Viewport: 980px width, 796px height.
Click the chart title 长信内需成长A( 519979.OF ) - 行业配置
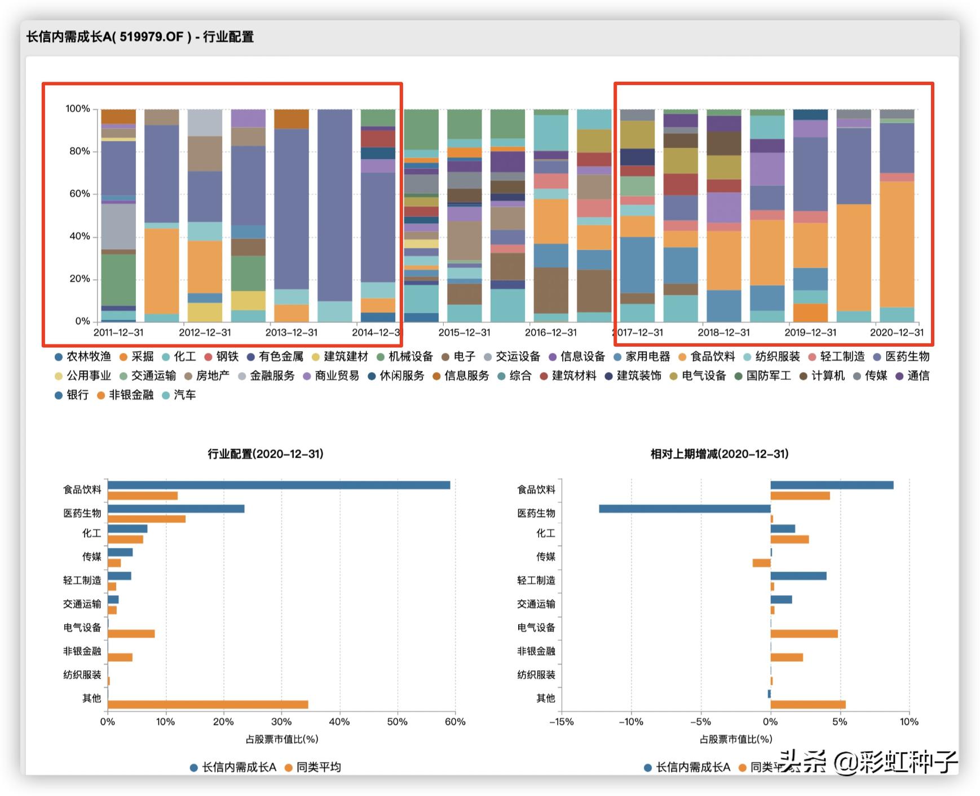click(140, 37)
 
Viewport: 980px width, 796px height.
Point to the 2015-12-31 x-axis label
click(464, 333)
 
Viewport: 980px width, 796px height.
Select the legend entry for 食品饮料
click(712, 357)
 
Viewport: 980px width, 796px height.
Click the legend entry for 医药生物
click(907, 357)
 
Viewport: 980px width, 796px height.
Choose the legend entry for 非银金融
click(131, 395)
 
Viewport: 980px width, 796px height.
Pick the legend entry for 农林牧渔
click(89, 357)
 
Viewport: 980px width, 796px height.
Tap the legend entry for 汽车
click(184, 395)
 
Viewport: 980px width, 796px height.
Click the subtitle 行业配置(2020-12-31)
click(266, 454)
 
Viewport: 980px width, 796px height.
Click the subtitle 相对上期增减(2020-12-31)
click(719, 454)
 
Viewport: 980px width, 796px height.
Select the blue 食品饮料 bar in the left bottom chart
click(279, 485)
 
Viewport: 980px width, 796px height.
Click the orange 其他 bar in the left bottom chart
click(208, 705)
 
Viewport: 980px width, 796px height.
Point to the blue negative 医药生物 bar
click(685, 509)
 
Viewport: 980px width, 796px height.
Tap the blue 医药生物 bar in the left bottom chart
click(176, 509)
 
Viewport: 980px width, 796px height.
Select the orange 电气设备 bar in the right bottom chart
click(804, 634)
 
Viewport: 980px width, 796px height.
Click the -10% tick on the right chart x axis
click(630, 722)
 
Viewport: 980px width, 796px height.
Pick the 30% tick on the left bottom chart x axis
click(281, 722)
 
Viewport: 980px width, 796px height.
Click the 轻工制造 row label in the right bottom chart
click(536, 581)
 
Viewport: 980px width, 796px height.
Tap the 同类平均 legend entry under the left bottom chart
click(319, 767)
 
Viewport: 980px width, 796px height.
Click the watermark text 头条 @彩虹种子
click(868, 762)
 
